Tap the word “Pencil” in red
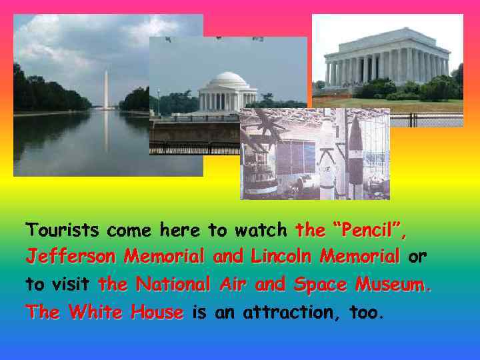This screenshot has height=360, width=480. click(x=365, y=231)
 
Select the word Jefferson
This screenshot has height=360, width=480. click(x=71, y=256)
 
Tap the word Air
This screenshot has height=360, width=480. click(x=235, y=285)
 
